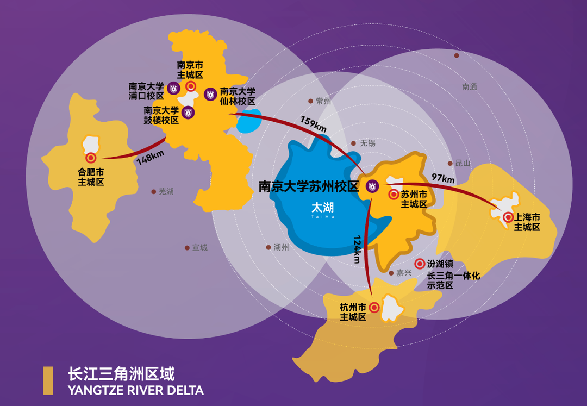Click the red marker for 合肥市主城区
(x=91, y=158)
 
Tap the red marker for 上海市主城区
(x=508, y=217)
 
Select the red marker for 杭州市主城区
(x=374, y=307)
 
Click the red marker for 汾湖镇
(x=420, y=264)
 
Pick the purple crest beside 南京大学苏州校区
(x=372, y=186)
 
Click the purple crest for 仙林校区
(x=210, y=93)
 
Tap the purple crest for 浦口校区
(x=173, y=88)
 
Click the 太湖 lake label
(x=322, y=208)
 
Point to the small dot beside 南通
(x=457, y=55)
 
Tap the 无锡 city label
(x=367, y=143)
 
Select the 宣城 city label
(x=199, y=248)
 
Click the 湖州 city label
(x=281, y=248)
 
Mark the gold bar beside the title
(x=48, y=380)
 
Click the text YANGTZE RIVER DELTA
(x=136, y=390)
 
